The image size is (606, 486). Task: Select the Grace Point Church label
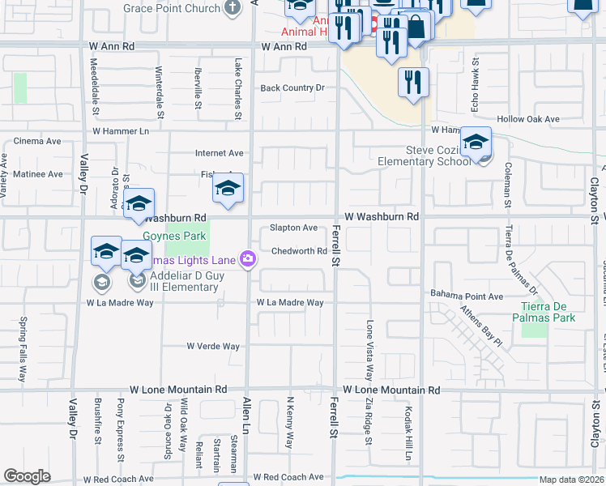pyautogui.click(x=172, y=8)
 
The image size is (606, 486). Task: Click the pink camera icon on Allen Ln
pyautogui.click(x=248, y=259)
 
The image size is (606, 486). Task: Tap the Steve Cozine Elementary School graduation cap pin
pyautogui.click(x=476, y=143)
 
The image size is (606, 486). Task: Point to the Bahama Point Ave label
pyautogui.click(x=467, y=296)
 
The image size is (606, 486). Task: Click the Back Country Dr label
pyautogui.click(x=292, y=87)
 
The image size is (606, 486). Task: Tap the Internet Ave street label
pyautogui.click(x=219, y=152)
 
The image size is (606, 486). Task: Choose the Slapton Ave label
pyautogui.click(x=293, y=228)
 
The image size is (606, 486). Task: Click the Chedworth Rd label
pyautogui.click(x=299, y=251)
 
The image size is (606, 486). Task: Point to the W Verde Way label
pyautogui.click(x=213, y=346)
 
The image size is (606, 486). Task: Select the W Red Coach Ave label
pyautogui.click(x=288, y=477)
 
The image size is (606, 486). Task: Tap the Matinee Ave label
pyautogui.click(x=32, y=174)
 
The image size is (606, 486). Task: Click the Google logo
pyautogui.click(x=27, y=476)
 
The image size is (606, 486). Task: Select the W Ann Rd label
pyautogui.click(x=284, y=47)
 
